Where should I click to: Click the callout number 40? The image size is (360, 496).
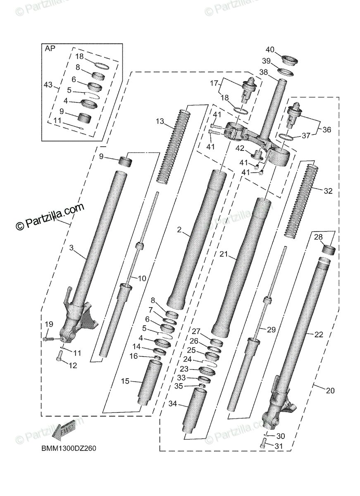pos(270,50)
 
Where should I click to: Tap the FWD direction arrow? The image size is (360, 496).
pos(64,431)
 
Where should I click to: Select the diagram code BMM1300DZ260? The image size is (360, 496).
pos(69,448)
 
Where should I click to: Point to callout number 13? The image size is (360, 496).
pos(160,122)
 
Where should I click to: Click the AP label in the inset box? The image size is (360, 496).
pos(50,48)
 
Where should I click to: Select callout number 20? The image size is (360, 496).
pos(330,390)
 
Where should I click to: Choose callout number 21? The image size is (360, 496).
pos(224,255)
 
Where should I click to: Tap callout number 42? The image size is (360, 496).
pos(240,148)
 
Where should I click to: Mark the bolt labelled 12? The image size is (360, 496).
pos(60,356)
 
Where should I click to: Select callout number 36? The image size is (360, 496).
pos(327,129)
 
